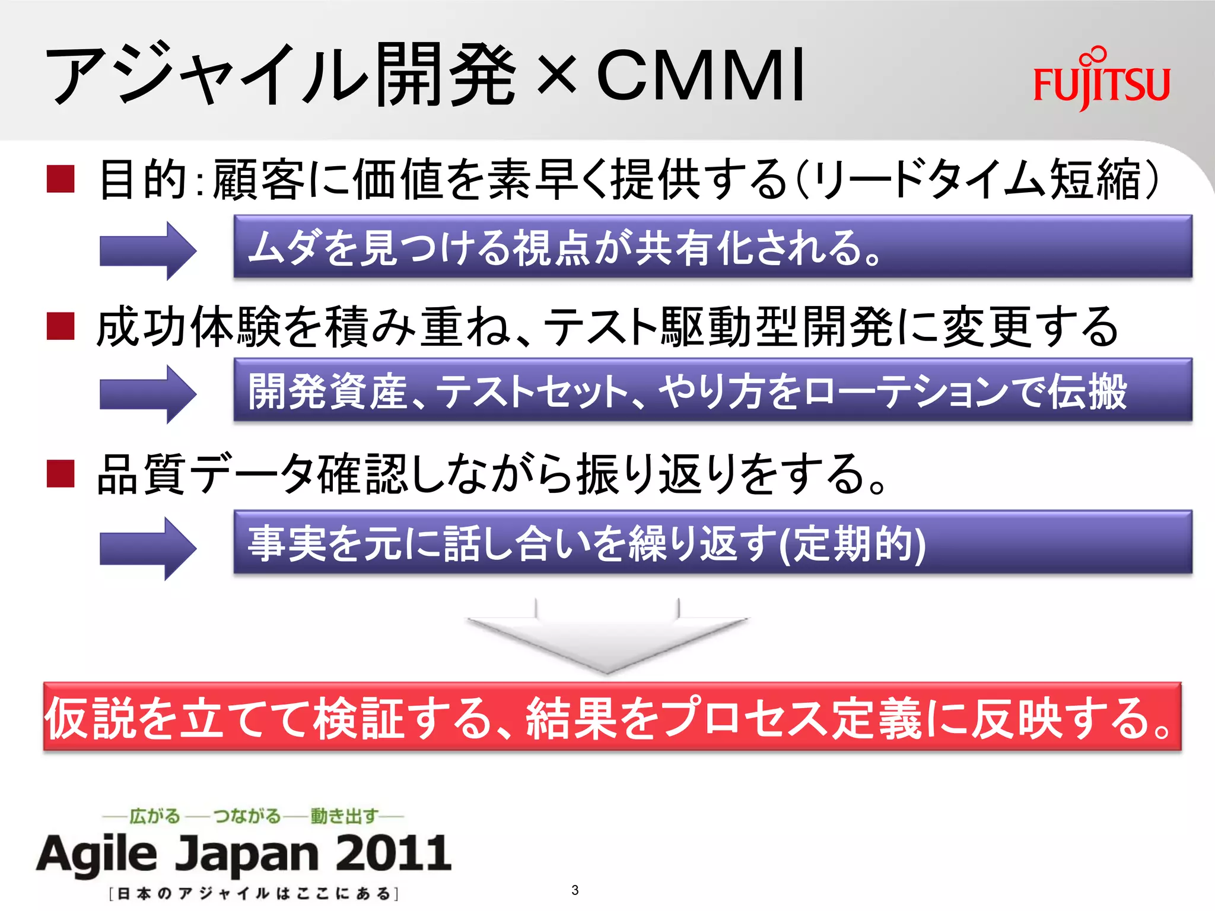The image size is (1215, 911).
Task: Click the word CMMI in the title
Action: click(x=700, y=75)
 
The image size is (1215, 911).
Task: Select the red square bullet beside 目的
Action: click(x=61, y=179)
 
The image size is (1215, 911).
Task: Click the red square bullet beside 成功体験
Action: click(x=61, y=326)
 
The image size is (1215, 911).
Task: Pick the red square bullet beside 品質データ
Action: click(x=61, y=473)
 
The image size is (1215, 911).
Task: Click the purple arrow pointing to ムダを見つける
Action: click(x=148, y=250)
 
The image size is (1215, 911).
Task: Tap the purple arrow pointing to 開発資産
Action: click(x=148, y=394)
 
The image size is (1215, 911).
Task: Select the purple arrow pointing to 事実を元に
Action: click(x=148, y=547)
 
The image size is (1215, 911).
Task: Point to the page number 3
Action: click(x=575, y=890)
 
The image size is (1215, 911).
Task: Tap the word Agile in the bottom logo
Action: click(x=98, y=854)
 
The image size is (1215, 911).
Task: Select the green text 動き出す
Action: click(x=344, y=816)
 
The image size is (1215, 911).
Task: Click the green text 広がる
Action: click(x=154, y=816)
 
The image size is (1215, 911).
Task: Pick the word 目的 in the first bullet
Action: click(x=142, y=179)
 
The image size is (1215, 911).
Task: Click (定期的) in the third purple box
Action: click(x=851, y=544)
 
